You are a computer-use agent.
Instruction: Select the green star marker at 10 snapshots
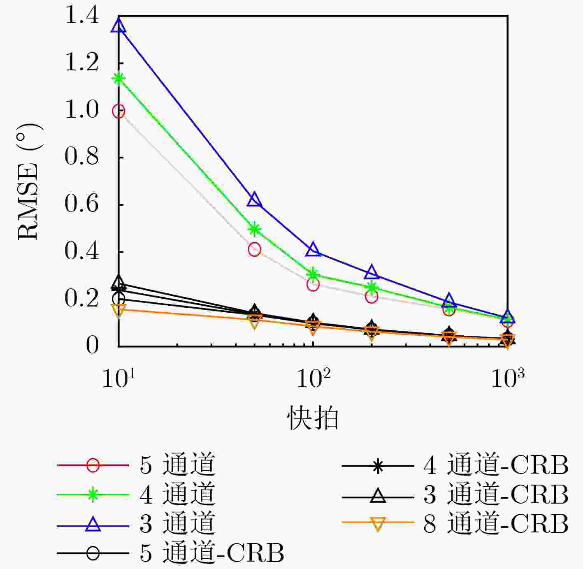pos(118,78)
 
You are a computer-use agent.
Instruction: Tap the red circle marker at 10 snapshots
pos(118,111)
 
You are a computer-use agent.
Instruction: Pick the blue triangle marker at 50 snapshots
pos(255,200)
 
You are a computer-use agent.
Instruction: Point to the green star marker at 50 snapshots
pos(255,229)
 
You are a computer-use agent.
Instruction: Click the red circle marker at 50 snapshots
pos(255,249)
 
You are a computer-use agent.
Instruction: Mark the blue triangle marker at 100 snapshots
pos(313,249)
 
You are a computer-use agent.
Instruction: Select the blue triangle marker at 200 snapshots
pos(372,273)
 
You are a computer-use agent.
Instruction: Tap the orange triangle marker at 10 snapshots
pos(118,309)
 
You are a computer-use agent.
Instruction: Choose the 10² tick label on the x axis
pos(313,379)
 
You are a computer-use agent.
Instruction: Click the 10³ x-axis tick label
pos(508,379)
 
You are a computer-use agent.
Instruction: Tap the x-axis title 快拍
pos(313,419)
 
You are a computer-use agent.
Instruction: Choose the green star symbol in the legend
pos(93,494)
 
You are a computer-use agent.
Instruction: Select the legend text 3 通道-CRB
pos(496,494)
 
